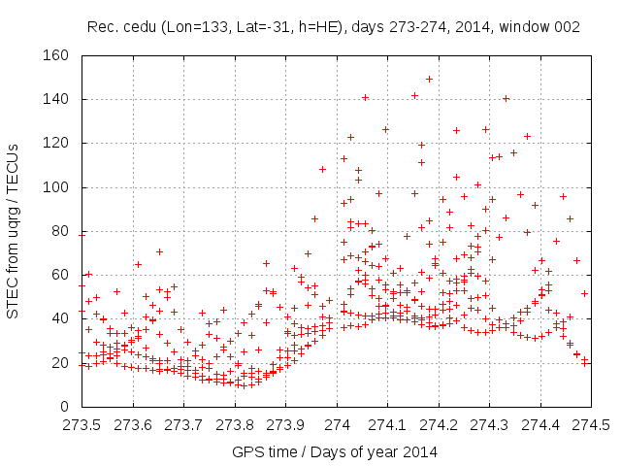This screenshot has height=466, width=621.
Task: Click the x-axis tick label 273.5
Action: [82, 425]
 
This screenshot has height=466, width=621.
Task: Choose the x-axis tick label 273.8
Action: [235, 425]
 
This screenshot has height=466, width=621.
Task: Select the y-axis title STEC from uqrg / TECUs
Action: [14, 230]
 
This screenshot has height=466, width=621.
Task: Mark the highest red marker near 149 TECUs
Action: [429, 79]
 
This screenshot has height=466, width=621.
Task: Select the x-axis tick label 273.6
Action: [133, 425]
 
